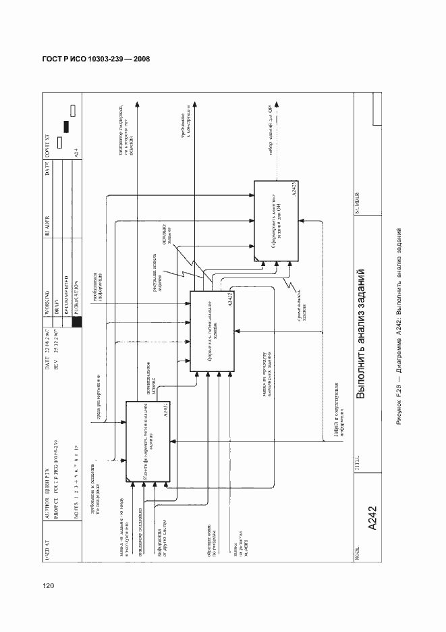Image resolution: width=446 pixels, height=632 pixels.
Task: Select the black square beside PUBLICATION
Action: pyautogui.click(x=77, y=323)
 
